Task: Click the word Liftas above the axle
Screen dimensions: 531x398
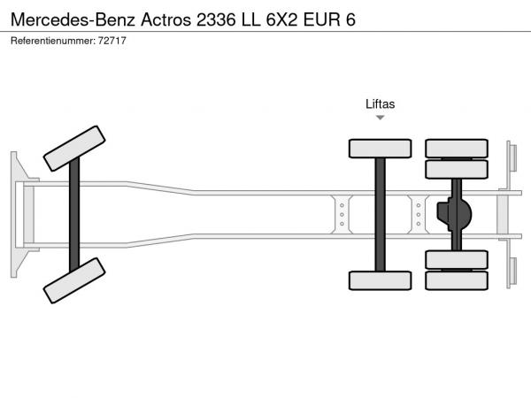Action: coord(380,103)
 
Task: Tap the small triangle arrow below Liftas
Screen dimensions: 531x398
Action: coord(381,118)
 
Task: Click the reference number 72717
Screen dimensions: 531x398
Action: coord(112,41)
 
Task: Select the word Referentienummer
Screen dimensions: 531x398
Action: coord(52,41)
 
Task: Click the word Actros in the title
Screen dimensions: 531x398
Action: coord(166,19)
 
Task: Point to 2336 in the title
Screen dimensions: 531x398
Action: coord(216,19)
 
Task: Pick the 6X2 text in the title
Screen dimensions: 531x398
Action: coord(281,19)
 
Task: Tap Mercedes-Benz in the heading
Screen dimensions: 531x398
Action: coord(73,19)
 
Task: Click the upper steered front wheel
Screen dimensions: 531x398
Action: coord(74,149)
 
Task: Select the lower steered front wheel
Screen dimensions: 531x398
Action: coord(74,280)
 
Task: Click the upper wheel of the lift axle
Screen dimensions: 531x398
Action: coord(380,149)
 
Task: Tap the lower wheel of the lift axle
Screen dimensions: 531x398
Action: coord(380,280)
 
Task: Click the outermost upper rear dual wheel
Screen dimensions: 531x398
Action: coord(457,149)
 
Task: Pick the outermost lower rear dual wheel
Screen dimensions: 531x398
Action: coord(457,280)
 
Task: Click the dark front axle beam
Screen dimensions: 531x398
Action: coord(74,215)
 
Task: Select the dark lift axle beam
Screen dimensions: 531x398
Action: coord(380,215)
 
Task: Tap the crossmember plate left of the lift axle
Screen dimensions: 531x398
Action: coord(342,215)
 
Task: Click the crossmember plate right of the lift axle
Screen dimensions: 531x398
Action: coord(419,215)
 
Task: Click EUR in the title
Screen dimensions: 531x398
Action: coord(322,19)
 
